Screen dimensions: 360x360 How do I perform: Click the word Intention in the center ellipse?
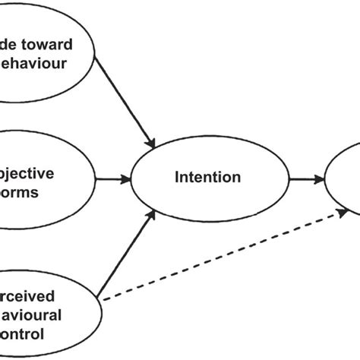tap(207, 178)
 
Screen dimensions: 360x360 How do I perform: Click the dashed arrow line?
tap(220, 259)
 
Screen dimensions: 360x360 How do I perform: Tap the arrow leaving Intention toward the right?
tap(304, 180)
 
